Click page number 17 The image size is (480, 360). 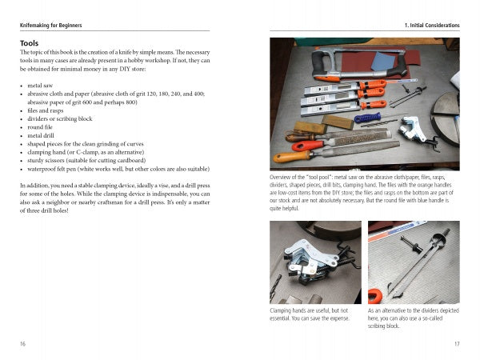coord(455,344)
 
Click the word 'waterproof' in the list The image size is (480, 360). coord(46,170)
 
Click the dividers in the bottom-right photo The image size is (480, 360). coord(416,264)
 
